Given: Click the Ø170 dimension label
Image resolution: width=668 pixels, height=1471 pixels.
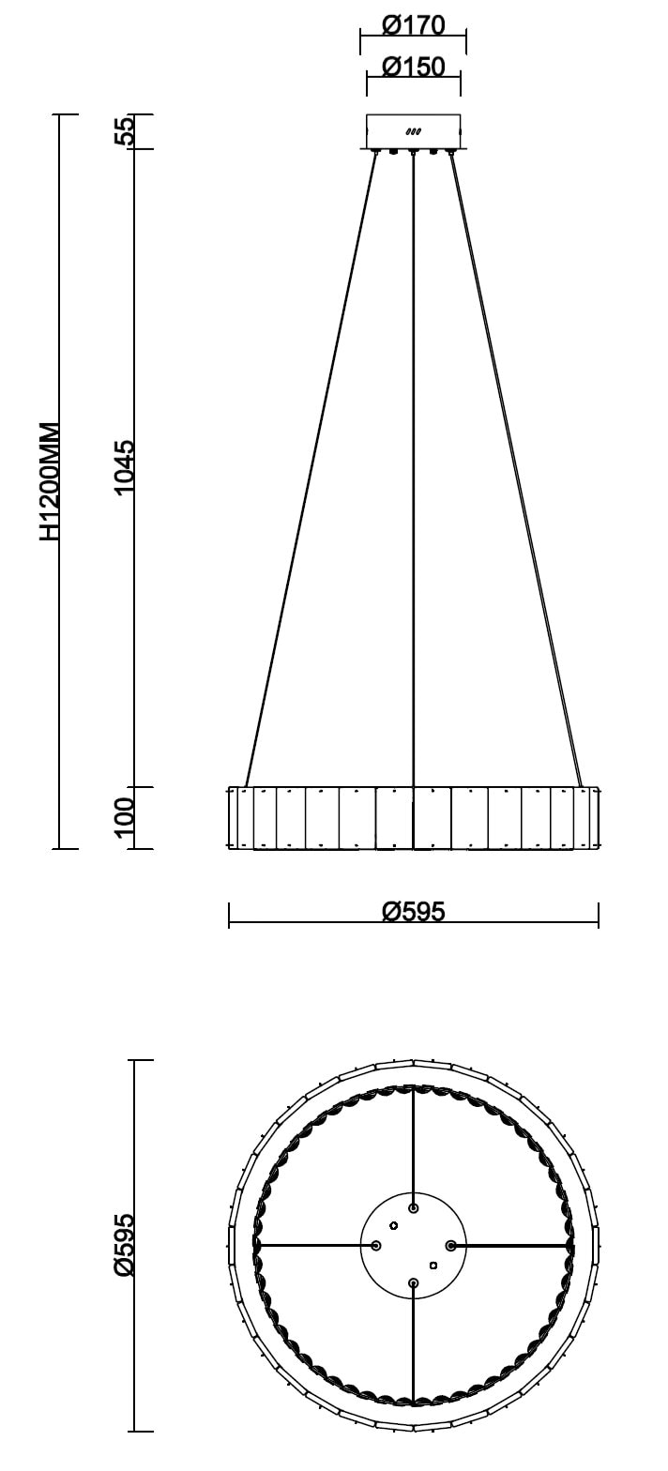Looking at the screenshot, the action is pyautogui.click(x=413, y=25).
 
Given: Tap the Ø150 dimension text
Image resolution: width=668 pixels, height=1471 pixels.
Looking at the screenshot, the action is pyautogui.click(x=413, y=67).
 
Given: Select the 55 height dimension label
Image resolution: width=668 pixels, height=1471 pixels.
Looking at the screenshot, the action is pyautogui.click(x=124, y=130).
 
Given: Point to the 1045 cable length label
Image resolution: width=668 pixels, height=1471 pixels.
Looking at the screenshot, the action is pyautogui.click(x=124, y=467).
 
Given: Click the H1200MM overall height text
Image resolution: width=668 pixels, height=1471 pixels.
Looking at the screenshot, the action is pyautogui.click(x=50, y=482).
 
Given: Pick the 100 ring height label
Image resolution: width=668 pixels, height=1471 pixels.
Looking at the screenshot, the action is pyautogui.click(x=124, y=817).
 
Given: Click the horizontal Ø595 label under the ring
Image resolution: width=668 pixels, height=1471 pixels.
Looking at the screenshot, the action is pyautogui.click(x=413, y=911).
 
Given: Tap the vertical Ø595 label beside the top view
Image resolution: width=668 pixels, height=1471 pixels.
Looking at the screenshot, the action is pyautogui.click(x=124, y=1244).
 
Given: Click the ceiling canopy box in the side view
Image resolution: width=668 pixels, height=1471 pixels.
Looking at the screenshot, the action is pyautogui.click(x=413, y=131).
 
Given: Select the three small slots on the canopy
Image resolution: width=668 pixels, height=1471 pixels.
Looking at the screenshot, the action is pyautogui.click(x=413, y=131).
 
